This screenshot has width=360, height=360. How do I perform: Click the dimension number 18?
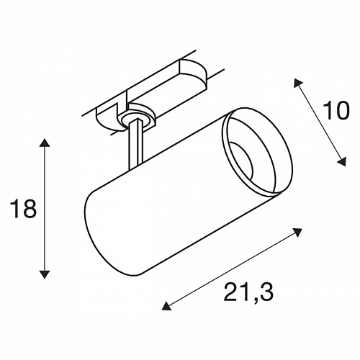[23, 209]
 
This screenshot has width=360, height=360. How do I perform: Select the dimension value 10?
[336, 111]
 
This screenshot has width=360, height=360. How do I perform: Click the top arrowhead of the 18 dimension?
[45, 143]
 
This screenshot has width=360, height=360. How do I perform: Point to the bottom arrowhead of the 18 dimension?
[45, 274]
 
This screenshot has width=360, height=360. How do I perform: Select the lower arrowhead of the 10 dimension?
[342, 161]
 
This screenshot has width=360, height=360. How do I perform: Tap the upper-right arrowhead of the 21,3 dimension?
[297, 232]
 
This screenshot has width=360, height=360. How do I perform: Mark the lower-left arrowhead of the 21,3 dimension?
[166, 306]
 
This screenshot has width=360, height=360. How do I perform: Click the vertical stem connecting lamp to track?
[135, 145]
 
